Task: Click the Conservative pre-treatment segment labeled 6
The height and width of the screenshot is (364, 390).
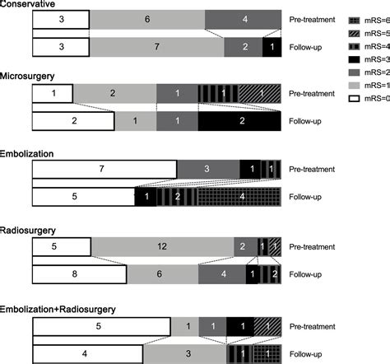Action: point(146,18)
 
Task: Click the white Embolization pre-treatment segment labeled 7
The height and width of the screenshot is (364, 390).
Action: point(104,168)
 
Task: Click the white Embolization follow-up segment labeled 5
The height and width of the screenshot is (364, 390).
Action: point(82,198)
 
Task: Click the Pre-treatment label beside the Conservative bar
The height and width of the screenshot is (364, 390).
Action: point(313,17)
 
